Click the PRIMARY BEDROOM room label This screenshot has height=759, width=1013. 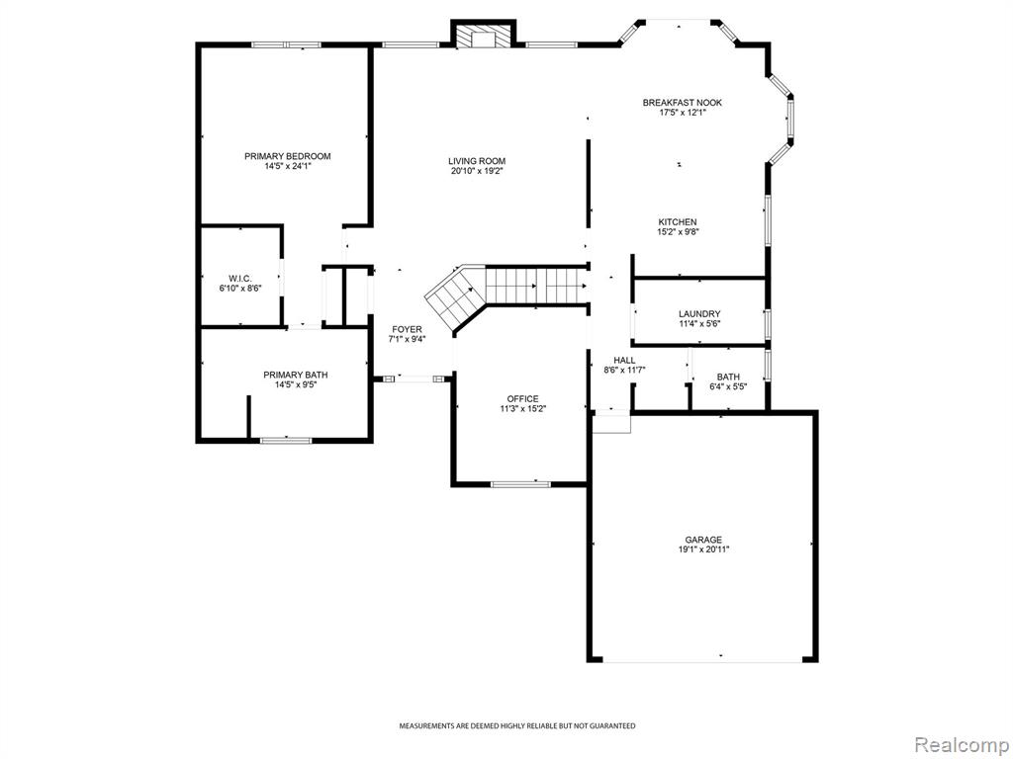coord(288,156)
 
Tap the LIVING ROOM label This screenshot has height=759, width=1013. coord(477,161)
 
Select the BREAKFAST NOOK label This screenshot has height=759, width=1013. coord(683,103)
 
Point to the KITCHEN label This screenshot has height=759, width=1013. coord(678,222)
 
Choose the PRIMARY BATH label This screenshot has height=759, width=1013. coord(295,375)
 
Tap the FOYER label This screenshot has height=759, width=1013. coord(407,329)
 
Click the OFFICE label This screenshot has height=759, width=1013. coord(522,399)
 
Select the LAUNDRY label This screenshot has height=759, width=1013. coord(699,314)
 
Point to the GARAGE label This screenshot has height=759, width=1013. coord(703,540)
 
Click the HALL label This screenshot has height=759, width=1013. coord(624,360)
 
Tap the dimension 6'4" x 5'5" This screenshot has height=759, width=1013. coord(728,387)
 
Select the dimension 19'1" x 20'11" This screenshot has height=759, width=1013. coord(703,549)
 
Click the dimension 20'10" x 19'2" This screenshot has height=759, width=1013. coord(477,172)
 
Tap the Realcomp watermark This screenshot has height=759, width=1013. coord(962,744)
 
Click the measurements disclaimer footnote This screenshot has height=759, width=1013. coord(516,726)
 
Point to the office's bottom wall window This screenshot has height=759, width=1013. coord(520,483)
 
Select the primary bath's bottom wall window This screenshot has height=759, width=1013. coord(286,441)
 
